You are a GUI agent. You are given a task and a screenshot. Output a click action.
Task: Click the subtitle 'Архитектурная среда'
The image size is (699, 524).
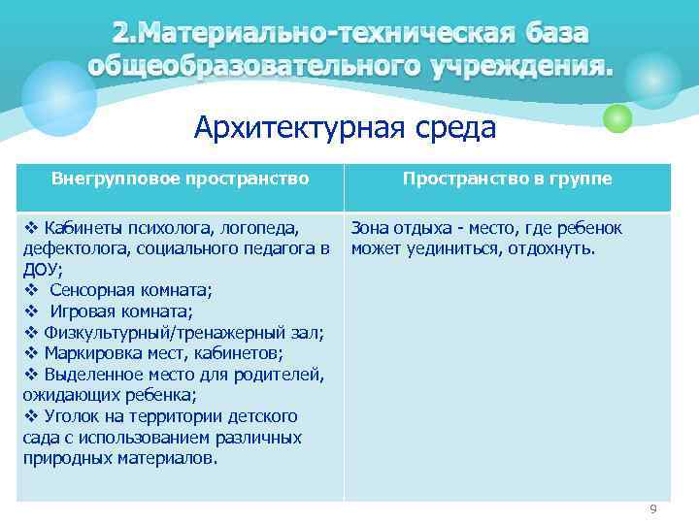[345, 127]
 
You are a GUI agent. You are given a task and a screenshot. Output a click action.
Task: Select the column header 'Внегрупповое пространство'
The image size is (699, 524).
[180, 179]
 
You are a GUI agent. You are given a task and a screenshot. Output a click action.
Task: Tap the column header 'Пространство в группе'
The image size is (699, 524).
[507, 179]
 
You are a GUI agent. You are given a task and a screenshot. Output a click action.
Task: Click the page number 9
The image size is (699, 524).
[653, 509]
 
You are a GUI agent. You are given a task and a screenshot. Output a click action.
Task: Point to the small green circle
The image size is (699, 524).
[616, 118]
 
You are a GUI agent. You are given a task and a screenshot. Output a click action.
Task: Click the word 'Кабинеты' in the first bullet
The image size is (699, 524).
[82, 228]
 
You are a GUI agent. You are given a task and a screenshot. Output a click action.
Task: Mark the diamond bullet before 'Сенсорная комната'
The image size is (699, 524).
[30, 290]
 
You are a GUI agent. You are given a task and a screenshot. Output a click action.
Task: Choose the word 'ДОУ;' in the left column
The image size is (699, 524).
[42, 270]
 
